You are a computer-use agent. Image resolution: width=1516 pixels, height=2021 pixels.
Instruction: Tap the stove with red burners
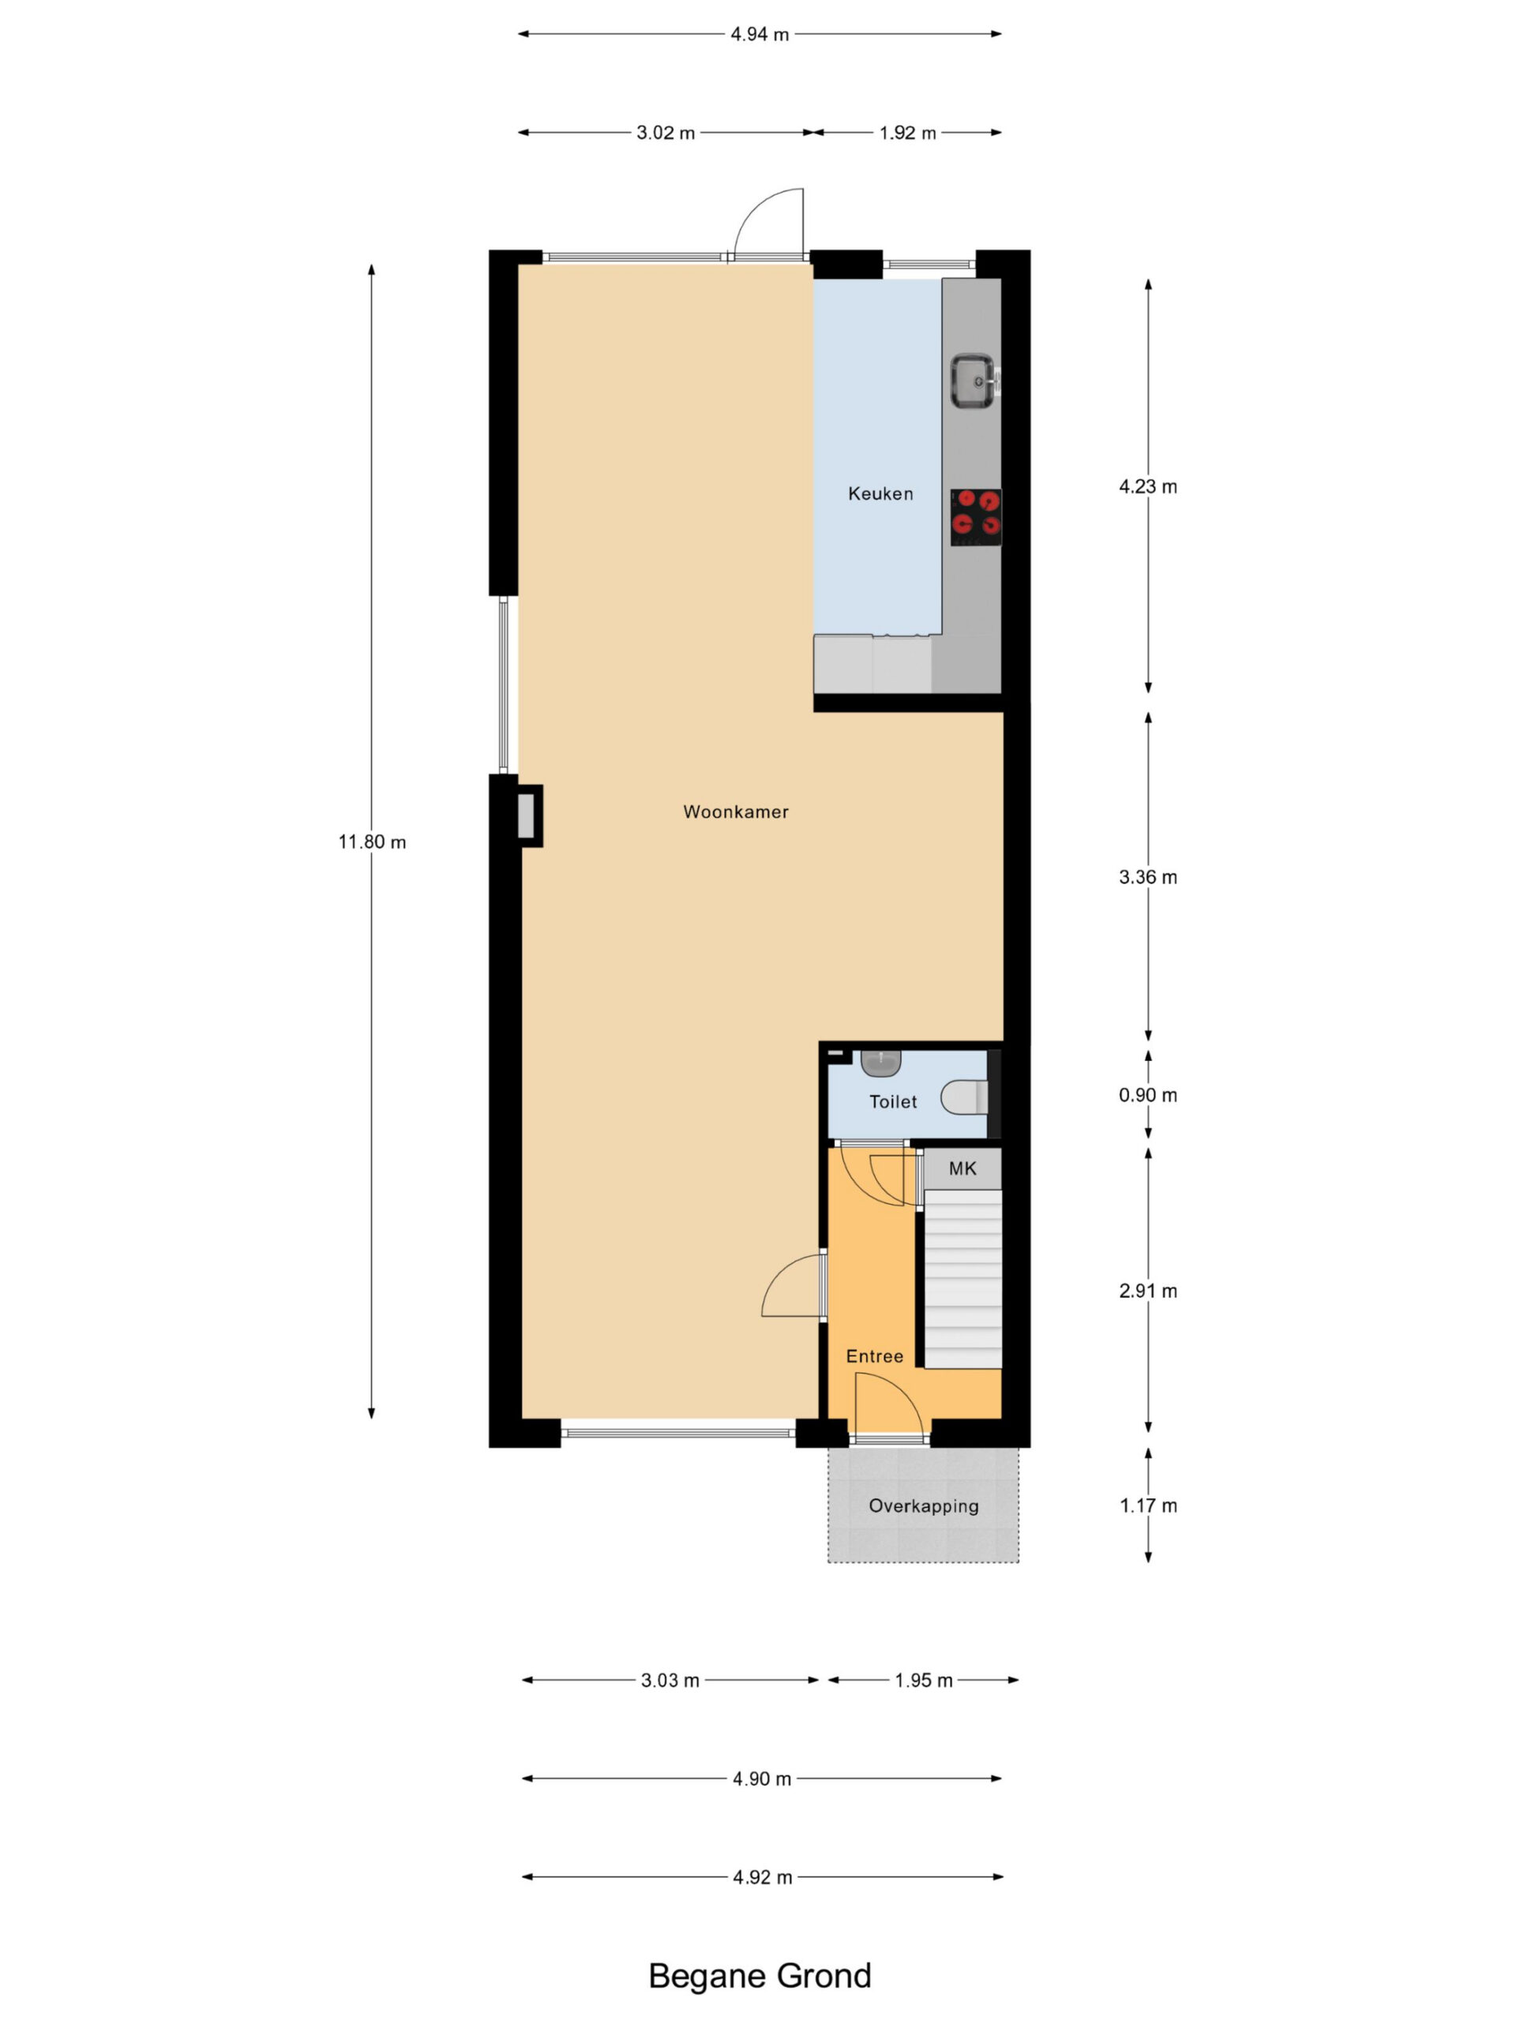[975, 517]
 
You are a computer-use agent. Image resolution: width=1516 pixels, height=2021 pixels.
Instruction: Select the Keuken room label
[880, 494]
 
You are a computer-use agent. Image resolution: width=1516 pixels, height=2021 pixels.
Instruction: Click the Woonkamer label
[736, 812]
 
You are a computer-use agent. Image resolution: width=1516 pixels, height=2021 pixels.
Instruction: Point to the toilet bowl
[965, 1097]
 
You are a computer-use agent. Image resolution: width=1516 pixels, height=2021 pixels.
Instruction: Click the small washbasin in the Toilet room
[881, 1063]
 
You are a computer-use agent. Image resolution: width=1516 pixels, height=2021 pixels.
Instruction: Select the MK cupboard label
[963, 1168]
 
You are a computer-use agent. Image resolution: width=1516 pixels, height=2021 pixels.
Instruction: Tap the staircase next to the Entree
[963, 1278]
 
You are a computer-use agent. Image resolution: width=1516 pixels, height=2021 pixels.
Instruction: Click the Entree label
[875, 1355]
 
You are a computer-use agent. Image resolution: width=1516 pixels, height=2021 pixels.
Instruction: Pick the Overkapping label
[923, 1505]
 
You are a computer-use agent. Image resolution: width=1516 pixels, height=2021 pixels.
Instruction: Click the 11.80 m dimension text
[372, 842]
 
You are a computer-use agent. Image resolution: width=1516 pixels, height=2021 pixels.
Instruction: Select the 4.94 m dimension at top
[760, 35]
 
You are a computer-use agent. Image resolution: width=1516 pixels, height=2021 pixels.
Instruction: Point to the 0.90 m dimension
[1148, 1094]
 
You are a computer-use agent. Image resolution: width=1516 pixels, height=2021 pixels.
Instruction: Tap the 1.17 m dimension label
[1148, 1505]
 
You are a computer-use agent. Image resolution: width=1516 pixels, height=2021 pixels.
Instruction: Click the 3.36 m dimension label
[1148, 877]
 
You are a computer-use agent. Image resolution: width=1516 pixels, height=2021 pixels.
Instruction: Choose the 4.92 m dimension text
[762, 1877]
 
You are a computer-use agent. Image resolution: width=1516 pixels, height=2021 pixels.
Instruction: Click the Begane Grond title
[760, 1975]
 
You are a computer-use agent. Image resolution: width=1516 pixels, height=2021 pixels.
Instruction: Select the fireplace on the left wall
[528, 815]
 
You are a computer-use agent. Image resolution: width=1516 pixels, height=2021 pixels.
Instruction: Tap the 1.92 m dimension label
[907, 133]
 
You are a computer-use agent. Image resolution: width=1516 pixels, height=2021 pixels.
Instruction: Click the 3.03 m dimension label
[670, 1680]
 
